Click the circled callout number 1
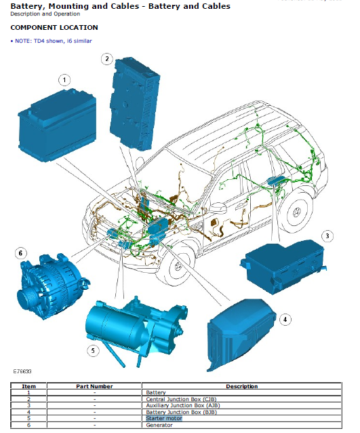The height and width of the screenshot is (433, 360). coord(64,80)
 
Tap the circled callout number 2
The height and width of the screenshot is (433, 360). coord(107,59)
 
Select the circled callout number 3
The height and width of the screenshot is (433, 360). coord(327,236)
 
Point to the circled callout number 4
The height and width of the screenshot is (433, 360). coord(285,320)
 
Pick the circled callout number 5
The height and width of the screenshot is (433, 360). coord(93,350)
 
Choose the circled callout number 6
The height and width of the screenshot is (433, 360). coord(20,253)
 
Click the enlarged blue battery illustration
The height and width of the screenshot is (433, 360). coord(57,125)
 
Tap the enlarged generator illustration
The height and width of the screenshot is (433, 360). coord(52,286)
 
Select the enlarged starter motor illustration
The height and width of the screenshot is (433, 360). coord(135,330)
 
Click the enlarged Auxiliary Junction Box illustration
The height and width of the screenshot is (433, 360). coord(283,267)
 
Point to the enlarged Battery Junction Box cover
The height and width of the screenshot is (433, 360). coord(241,334)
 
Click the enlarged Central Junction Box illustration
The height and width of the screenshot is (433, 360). coord(135,104)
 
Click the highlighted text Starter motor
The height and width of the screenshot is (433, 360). coord(164,418)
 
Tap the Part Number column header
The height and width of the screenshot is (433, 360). coord(94,386)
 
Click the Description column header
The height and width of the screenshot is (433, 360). coord(241,386)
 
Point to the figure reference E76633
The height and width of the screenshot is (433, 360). coord(22,371)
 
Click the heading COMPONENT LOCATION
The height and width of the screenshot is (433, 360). coord(54,28)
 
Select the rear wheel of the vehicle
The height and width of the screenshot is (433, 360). coord(296,212)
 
